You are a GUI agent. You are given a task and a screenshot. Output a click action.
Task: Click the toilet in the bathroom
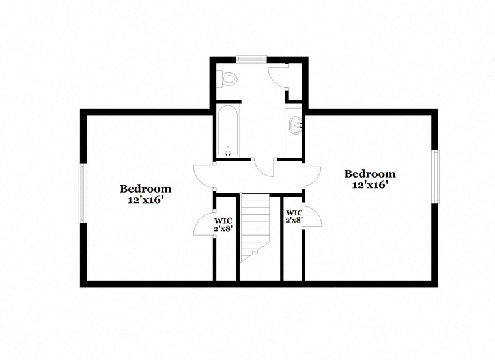(228, 78)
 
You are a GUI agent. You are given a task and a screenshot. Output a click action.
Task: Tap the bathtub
(228, 131)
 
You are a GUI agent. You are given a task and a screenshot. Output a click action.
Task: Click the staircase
(255, 228)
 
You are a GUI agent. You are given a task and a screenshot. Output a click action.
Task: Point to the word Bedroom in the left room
(145, 189)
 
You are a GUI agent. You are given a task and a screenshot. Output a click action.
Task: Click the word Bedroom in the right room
(370, 174)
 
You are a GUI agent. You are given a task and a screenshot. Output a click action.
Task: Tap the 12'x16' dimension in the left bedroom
(145, 200)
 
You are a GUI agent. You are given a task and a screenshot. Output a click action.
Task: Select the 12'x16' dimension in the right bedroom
(370, 185)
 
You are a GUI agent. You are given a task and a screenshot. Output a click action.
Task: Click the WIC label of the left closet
(223, 221)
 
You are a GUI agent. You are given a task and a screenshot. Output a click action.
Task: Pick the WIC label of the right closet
(294, 214)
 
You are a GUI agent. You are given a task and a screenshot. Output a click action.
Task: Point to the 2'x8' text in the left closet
(223, 228)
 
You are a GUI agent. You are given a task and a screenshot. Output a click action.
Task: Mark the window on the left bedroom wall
(83, 193)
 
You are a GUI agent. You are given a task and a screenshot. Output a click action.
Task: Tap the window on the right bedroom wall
(435, 176)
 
